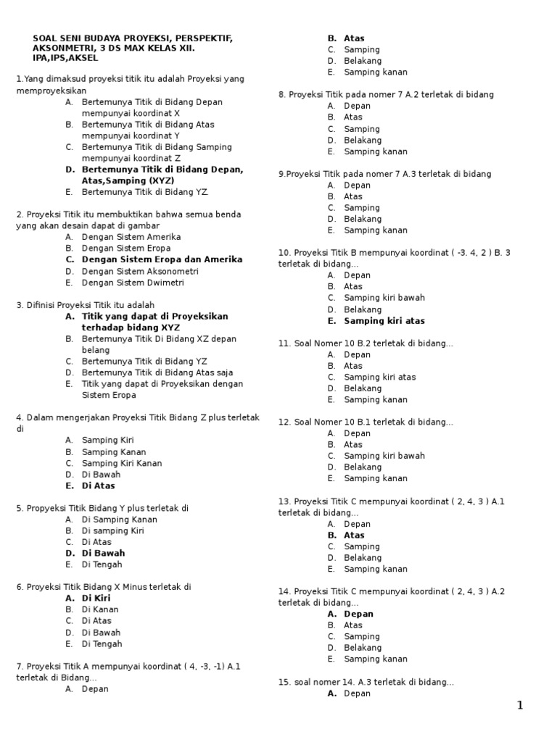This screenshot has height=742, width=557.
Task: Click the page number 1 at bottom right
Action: click(x=519, y=706)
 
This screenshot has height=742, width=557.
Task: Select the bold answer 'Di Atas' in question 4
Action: click(x=99, y=485)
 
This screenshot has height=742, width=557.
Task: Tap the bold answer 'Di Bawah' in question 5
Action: click(x=103, y=553)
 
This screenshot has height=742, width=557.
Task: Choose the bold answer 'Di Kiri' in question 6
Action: click(x=96, y=598)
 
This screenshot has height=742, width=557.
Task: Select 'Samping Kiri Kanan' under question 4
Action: click(x=122, y=463)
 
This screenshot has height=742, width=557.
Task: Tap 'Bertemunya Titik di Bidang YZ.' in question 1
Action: click(x=145, y=192)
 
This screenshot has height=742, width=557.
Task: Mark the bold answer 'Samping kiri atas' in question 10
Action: click(x=384, y=320)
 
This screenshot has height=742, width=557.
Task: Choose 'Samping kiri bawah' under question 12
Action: click(x=384, y=456)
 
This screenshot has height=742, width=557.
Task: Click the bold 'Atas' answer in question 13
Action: click(x=354, y=535)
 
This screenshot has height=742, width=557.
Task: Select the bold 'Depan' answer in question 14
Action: click(x=358, y=614)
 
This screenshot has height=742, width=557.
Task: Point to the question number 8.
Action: click(x=281, y=94)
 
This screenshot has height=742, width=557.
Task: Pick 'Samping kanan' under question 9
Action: click(x=376, y=230)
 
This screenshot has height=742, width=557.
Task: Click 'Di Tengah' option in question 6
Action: click(x=102, y=643)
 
